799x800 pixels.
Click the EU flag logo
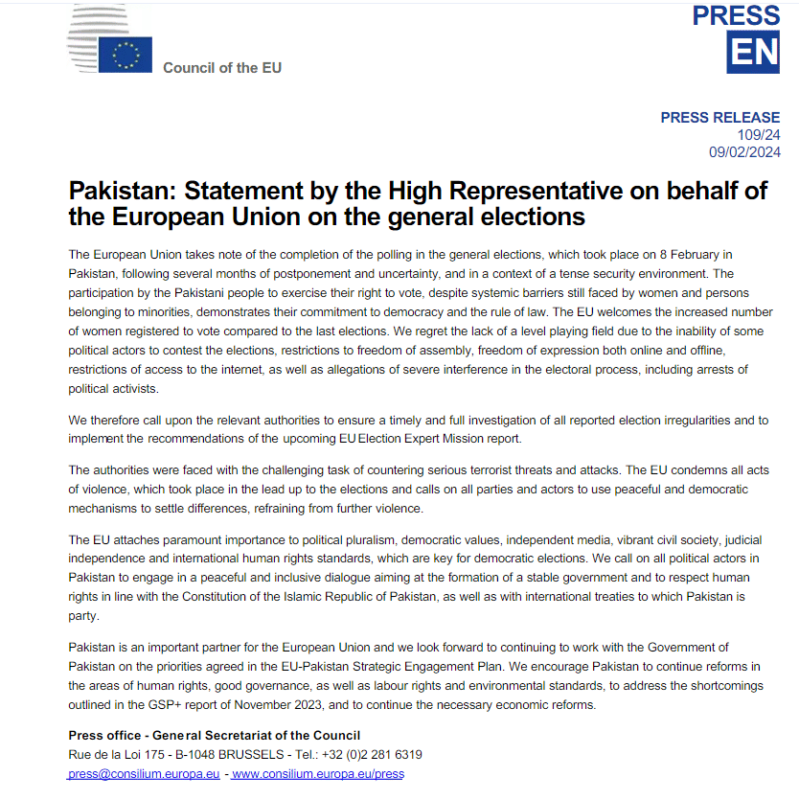pos(126,54)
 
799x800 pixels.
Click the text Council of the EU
pos(222,68)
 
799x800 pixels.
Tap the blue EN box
pos(753,52)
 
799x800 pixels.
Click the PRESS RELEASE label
pos(720,118)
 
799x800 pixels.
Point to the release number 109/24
pos(759,135)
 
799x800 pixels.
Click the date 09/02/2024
pos(744,152)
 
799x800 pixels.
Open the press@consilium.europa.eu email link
pos(144,773)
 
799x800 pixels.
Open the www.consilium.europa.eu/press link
pos(317,773)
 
